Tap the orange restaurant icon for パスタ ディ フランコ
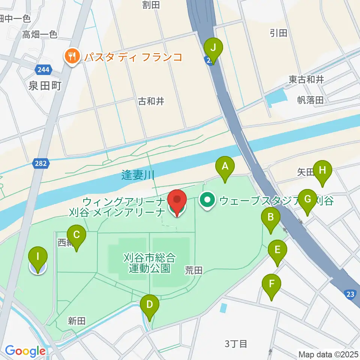(x=71, y=57)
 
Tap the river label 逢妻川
(x=138, y=175)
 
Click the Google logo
(x=25, y=351)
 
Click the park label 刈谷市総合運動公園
(x=150, y=263)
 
